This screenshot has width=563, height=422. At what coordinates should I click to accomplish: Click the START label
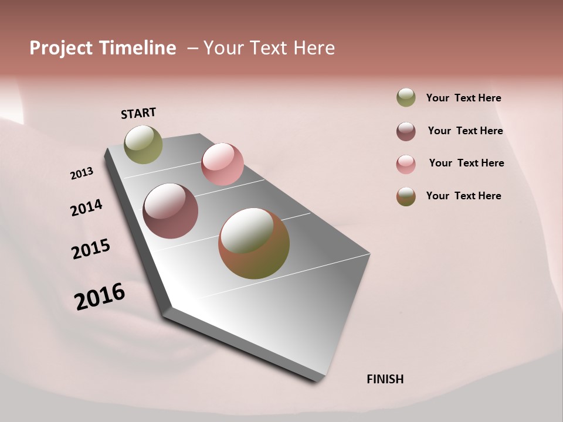[138, 113]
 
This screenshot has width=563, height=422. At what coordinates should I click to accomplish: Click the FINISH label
[385, 379]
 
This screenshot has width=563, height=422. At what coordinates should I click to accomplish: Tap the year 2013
[82, 173]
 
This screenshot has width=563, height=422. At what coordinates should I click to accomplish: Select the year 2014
[86, 207]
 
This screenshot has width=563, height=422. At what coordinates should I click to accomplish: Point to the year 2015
[91, 249]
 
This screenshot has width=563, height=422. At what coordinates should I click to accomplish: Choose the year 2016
[100, 297]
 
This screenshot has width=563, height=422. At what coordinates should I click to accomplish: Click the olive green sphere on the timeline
[143, 144]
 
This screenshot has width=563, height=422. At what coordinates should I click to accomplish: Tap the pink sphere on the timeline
[222, 164]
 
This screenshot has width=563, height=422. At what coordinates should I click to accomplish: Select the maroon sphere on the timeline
[170, 211]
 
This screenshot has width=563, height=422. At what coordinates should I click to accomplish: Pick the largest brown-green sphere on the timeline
[254, 243]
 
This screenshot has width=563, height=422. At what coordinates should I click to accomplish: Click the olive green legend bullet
[406, 98]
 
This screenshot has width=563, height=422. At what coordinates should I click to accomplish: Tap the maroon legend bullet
[406, 131]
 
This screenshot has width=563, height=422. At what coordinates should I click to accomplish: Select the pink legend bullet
[406, 164]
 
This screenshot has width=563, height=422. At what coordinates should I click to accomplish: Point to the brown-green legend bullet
[406, 196]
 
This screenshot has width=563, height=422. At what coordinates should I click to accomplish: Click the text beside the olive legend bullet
[463, 98]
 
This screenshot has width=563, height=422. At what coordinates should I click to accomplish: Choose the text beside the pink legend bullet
[466, 163]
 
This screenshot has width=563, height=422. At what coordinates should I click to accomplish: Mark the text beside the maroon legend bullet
[465, 131]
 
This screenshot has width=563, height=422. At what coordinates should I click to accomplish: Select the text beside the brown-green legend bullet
[463, 196]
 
